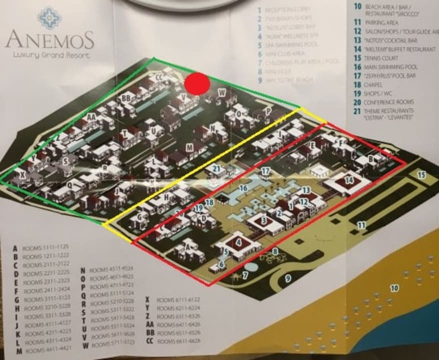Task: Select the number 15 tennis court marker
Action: (x=421, y=175)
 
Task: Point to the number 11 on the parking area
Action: (x=360, y=225)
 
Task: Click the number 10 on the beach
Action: (x=394, y=288)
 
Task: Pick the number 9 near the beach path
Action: (x=287, y=278)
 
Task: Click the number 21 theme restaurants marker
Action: (x=216, y=169)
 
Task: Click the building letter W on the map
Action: (x=221, y=92)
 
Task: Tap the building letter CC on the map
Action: (x=159, y=77)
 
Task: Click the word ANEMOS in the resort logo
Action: (x=49, y=39)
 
